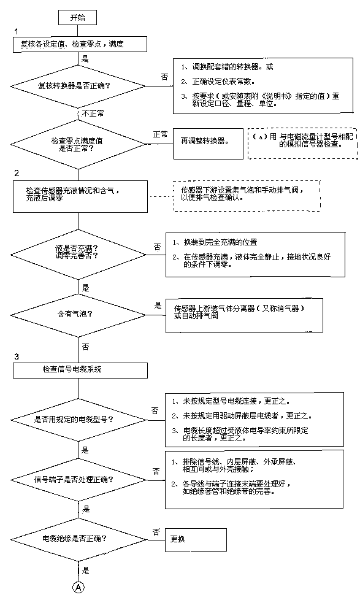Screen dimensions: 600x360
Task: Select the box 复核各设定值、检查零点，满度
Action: click(80, 44)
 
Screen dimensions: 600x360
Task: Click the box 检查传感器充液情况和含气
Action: click(80, 194)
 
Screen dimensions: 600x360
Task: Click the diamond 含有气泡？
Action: click(80, 314)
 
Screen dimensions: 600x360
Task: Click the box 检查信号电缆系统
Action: click(80, 369)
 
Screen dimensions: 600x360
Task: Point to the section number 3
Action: click(17, 356)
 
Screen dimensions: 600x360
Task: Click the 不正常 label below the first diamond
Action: click(93, 113)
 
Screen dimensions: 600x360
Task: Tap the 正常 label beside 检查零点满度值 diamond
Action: click(160, 133)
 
